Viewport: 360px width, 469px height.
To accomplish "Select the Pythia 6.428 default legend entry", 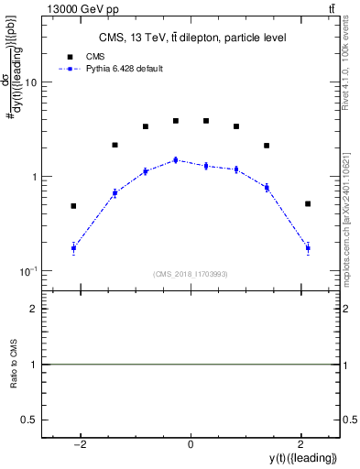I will pos(124,69).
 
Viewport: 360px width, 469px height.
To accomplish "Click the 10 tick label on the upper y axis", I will pos(30,82).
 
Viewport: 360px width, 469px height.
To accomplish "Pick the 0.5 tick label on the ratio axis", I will pos(30,419).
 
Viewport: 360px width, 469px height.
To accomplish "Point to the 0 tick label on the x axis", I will pos(191,444).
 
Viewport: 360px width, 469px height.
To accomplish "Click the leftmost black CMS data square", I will pos(73,206).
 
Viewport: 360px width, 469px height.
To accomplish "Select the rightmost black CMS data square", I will pos(308,203).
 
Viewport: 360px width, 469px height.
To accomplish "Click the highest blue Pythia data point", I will pos(175,160).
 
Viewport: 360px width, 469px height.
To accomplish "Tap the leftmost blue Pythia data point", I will pos(73,248).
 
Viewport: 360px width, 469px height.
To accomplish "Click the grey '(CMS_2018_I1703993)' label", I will pos(191,274).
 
